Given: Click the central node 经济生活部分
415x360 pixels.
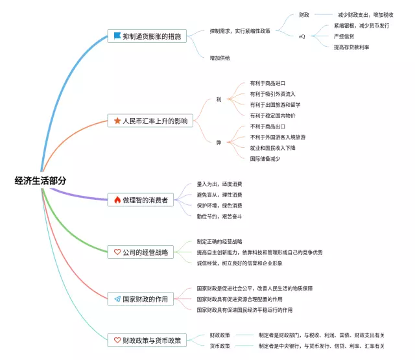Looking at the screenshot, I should [40, 181].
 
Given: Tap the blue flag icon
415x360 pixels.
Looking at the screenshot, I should [117, 36].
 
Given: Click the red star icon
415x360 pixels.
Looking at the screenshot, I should [117, 121].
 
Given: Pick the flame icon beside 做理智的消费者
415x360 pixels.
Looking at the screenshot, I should [117, 200].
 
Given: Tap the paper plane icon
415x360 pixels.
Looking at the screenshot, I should [117, 299].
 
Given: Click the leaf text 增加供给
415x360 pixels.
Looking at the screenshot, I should [220, 58].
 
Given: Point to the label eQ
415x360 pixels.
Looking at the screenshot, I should [302, 36].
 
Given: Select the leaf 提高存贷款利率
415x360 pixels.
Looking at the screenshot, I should [351, 47].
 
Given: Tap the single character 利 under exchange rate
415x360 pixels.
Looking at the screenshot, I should [219, 99].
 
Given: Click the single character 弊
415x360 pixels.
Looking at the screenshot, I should [219, 143].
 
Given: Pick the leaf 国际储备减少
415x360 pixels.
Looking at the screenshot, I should [265, 158].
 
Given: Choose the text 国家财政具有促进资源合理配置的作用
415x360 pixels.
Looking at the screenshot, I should [239, 299].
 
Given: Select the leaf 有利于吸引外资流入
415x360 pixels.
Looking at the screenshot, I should [272, 94].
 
